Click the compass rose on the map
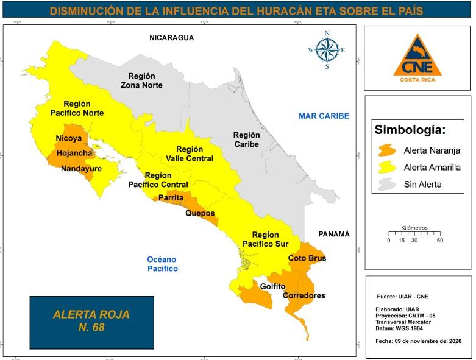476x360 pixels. pyautogui.click(x=327, y=50)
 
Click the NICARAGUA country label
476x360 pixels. pyautogui.click(x=171, y=38)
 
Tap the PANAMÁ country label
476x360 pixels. pyautogui.click(x=334, y=234)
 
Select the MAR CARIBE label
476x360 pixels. pyautogui.click(x=324, y=116)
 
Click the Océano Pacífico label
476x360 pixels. pyautogui.click(x=162, y=264)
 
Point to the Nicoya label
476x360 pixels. pyautogui.click(x=68, y=138)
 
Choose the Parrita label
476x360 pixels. pyautogui.click(x=171, y=198)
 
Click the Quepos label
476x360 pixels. pyautogui.click(x=200, y=213)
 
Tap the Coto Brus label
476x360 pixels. pyautogui.click(x=307, y=258)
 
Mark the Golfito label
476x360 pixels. pyautogui.click(x=272, y=286)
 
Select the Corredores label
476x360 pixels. pyautogui.click(x=304, y=296)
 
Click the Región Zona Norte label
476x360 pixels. pyautogui.click(x=145, y=80)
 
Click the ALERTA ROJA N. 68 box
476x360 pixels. pyautogui.click(x=91, y=322)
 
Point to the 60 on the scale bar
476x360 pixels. pyautogui.click(x=439, y=241)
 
